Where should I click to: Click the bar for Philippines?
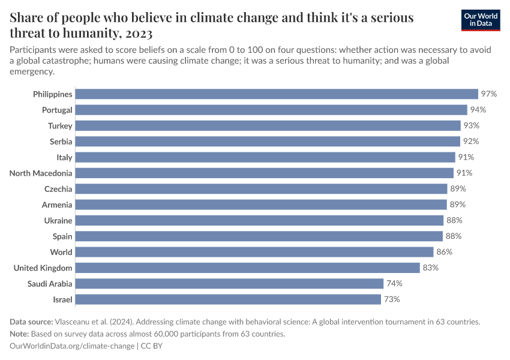point(277,94)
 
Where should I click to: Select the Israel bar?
point(228,299)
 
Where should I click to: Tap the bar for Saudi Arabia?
point(229,283)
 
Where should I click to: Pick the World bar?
point(254,252)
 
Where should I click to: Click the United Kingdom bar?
point(247,268)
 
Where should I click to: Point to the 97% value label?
point(489,94)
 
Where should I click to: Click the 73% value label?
point(392,299)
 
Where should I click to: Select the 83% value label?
point(430,268)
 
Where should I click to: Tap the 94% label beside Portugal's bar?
point(478,110)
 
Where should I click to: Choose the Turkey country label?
point(60,125)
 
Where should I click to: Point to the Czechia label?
point(58,189)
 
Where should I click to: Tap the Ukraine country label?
point(58,220)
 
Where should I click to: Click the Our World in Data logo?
point(481,20)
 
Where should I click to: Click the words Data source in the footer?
point(31,322)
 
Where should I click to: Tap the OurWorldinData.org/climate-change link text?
point(73,346)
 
